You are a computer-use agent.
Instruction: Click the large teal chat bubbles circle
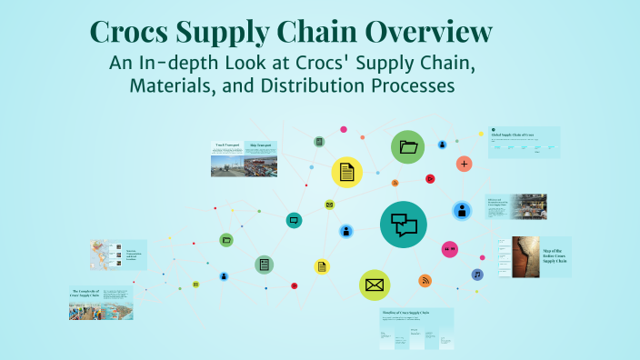403,225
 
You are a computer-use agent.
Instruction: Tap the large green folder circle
408,146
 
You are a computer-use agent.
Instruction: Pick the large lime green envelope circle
374,285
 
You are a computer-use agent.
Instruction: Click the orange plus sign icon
465,164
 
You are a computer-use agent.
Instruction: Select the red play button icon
430,178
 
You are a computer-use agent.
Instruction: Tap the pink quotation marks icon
449,249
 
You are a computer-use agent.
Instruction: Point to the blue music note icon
476,274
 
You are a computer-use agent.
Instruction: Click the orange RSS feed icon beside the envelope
425,280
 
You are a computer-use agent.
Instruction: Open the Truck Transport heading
226,145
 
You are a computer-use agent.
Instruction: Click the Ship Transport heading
261,145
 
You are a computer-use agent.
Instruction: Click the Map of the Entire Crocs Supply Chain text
555,255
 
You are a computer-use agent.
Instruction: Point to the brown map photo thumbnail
525,256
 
